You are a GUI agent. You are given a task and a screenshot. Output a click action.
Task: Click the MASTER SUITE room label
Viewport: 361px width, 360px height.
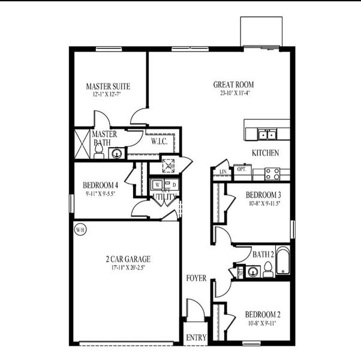[x=108, y=86]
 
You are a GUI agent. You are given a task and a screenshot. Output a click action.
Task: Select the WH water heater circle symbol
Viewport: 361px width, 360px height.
[x=79, y=229]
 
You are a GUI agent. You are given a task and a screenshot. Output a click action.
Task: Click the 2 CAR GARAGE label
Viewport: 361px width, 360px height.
[x=128, y=259]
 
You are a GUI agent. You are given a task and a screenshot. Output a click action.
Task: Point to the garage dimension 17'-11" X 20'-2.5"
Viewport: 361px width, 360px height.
[x=128, y=268]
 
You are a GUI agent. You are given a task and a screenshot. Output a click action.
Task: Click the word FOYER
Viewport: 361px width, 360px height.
[x=196, y=278]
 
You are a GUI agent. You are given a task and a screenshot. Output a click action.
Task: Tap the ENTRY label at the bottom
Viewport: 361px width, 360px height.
[x=196, y=338]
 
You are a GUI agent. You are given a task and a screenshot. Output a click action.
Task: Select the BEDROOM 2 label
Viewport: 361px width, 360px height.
[x=263, y=314]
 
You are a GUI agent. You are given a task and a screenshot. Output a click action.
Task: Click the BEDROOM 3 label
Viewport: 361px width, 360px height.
[x=263, y=195]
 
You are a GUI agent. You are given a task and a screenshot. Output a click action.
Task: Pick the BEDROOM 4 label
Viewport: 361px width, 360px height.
[x=100, y=185]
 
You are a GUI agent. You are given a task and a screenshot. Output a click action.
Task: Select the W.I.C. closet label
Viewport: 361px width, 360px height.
[x=159, y=142]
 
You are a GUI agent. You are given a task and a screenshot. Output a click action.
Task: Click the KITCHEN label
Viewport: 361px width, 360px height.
[x=265, y=153]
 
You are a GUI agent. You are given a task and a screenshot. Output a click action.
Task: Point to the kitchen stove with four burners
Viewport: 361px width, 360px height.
[x=273, y=173]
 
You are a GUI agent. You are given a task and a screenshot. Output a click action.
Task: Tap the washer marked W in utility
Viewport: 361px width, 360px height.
[x=157, y=185]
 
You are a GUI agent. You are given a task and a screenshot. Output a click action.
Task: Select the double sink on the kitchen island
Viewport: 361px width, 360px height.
[x=266, y=134]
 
